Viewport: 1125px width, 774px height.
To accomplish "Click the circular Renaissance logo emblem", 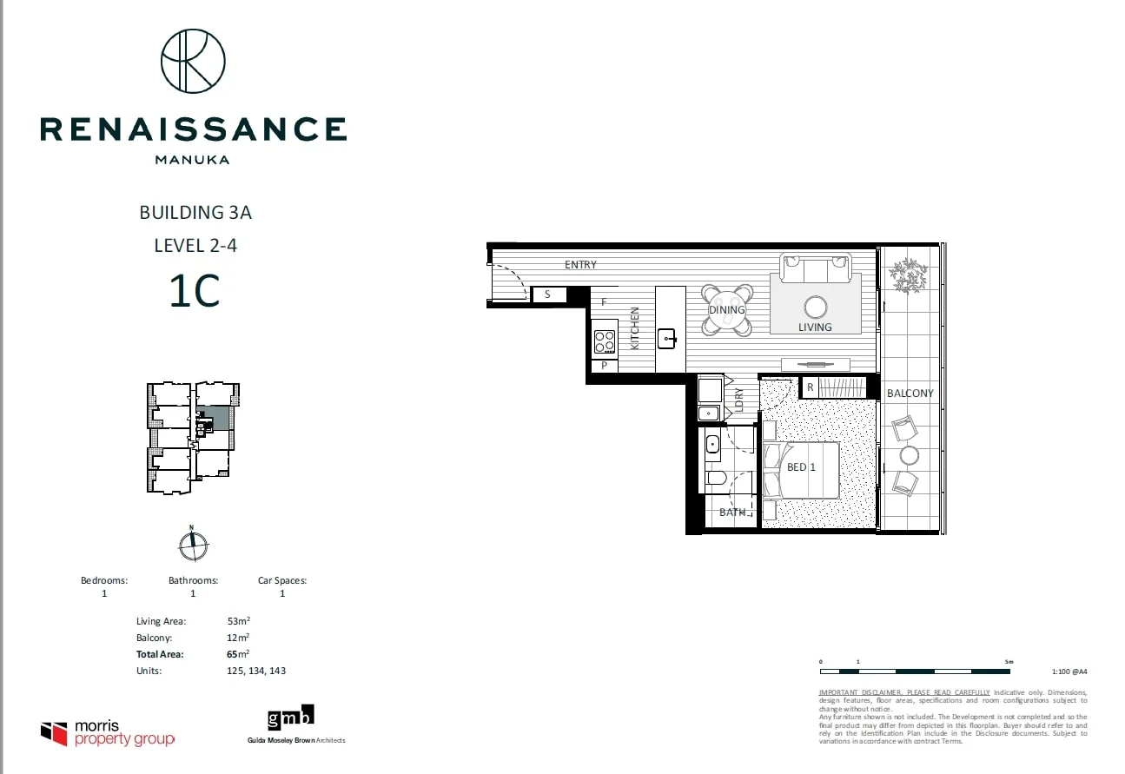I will coord(193,61).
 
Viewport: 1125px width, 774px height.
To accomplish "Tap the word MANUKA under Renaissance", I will coord(192,159).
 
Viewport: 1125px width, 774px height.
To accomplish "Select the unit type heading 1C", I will coord(195,291).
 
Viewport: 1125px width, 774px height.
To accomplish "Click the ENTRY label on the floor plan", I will coord(580,265).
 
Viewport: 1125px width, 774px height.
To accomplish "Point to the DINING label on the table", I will coord(726,310).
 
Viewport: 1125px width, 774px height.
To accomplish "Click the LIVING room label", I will coord(815,327).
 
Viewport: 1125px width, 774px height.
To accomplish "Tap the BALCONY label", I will coord(910,394).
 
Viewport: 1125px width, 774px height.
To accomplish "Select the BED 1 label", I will coord(802,467).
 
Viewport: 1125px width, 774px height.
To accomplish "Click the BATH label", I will coord(732,513).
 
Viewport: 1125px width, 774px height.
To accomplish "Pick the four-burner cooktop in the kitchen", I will coord(605,341).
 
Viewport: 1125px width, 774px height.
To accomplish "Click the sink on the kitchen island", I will coord(667,337).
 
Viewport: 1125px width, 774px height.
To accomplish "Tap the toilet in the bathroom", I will coord(718,478).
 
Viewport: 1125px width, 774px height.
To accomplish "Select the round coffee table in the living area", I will coord(816,307).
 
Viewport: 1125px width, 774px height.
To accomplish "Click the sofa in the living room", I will coord(815,268).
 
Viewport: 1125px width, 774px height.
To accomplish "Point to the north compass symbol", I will coord(192,546).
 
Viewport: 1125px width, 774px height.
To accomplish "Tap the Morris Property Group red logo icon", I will coord(54,733).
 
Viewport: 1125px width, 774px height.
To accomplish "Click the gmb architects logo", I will coord(291,718).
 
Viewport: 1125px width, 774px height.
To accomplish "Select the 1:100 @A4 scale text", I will coord(1069,671).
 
